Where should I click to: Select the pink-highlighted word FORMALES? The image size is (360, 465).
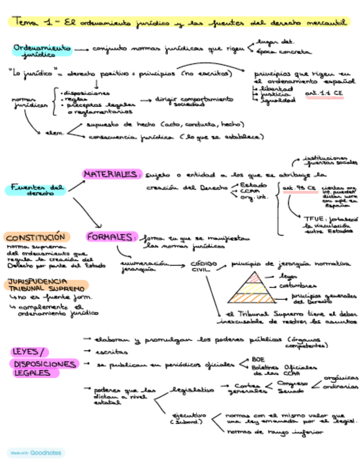110,237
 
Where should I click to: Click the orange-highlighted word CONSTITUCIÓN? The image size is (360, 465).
36,237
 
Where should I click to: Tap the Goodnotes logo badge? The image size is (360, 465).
36,453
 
